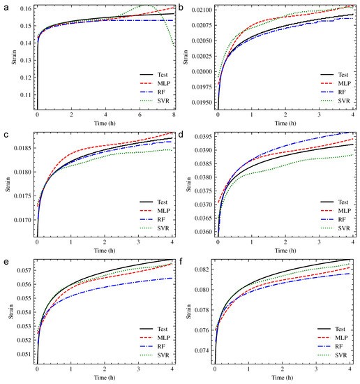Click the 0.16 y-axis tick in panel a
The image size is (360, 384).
pyautogui.click(x=26, y=9)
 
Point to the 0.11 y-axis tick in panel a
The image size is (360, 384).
pyautogui.click(x=26, y=94)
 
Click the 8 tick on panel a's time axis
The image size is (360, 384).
pyautogui.click(x=174, y=118)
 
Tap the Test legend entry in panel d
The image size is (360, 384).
pyautogui.click(x=342, y=199)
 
